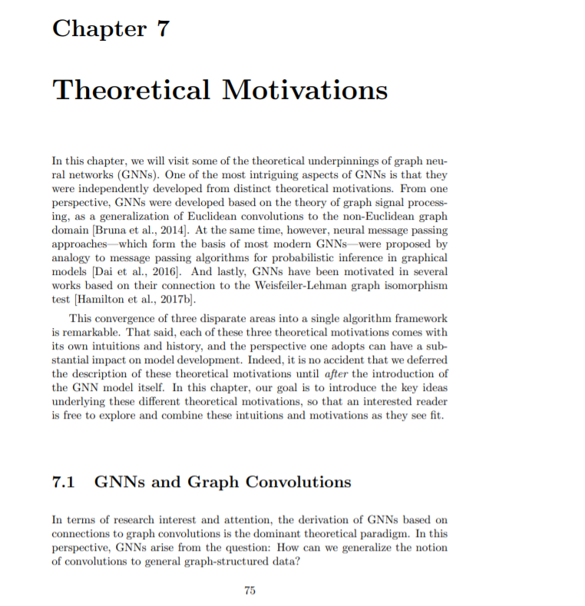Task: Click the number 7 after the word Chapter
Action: click(162, 29)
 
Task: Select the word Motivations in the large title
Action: click(305, 91)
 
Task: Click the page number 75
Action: click(249, 590)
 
